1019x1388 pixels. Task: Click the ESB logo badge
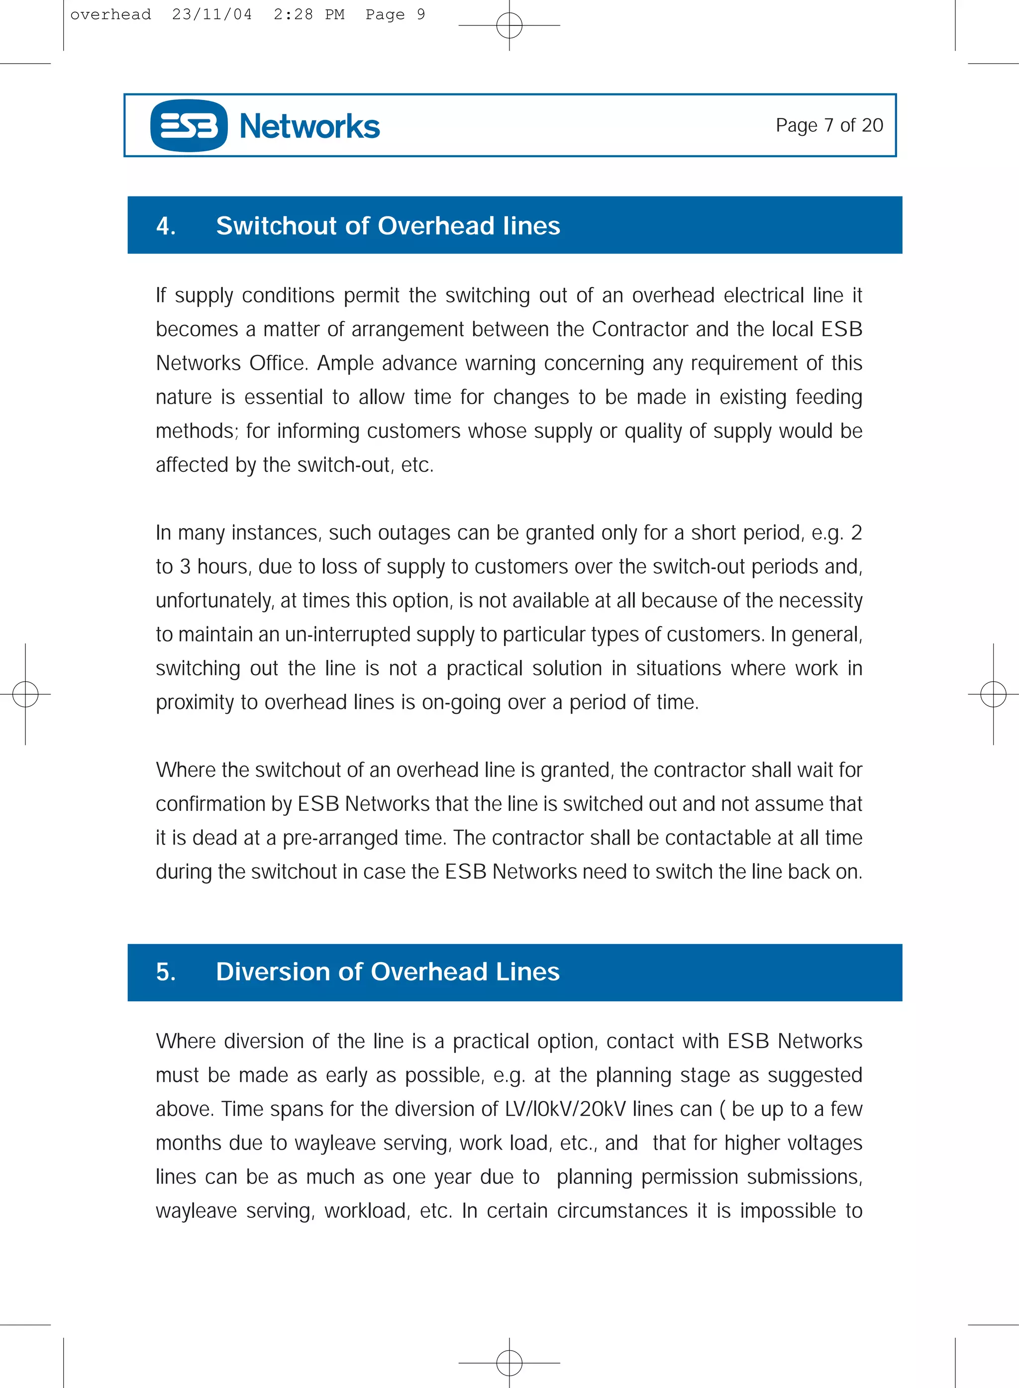(189, 126)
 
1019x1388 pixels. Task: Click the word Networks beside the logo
(309, 126)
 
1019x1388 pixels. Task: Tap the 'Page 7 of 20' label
(829, 125)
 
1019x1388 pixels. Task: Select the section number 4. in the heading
(166, 226)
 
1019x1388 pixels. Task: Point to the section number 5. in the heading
(166, 971)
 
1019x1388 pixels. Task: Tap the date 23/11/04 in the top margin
(211, 14)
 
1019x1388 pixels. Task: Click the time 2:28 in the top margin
(293, 14)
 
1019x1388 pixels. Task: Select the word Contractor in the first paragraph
(640, 329)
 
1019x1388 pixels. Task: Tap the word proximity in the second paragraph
(195, 703)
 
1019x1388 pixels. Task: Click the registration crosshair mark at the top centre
(509, 25)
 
